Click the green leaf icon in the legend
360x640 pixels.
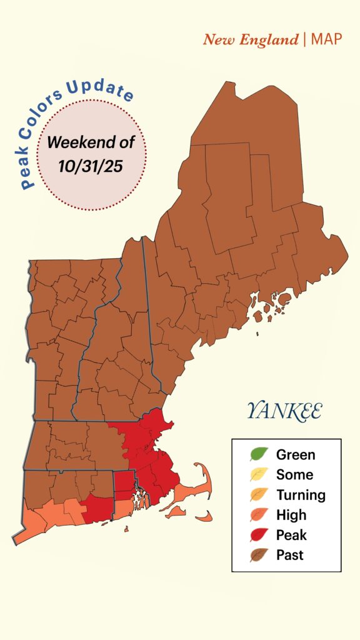[259, 454]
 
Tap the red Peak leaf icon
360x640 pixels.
[259, 534]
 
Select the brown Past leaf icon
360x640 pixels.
[259, 554]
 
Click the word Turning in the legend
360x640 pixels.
[301, 495]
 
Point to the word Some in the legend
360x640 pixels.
[294, 475]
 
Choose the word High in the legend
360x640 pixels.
[291, 515]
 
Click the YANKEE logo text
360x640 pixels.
[284, 411]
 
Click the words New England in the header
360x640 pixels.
[250, 40]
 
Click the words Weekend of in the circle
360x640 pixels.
[91, 142]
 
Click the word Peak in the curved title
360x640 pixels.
[29, 169]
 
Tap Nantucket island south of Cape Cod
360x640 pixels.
[204, 517]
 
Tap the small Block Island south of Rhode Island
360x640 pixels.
[126, 529]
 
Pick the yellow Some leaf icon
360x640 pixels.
[259, 474]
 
